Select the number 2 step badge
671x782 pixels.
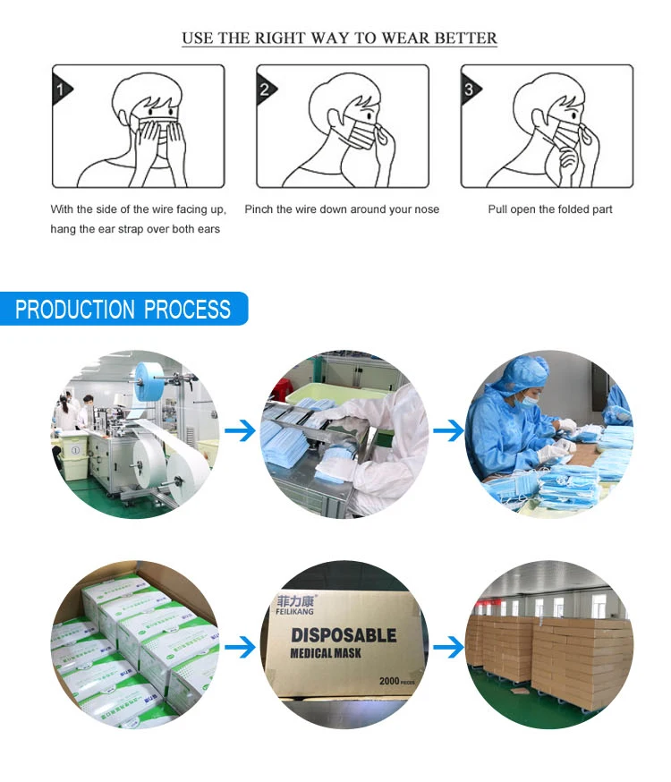[265, 89]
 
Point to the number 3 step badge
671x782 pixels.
[470, 89]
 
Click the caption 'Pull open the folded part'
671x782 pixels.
[550, 209]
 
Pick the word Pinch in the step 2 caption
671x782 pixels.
[259, 209]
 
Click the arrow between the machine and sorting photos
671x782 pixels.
[240, 433]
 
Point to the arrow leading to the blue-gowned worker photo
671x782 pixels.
[447, 433]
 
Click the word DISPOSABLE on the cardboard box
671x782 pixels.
[344, 636]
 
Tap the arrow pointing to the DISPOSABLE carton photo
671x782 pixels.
[240, 646]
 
